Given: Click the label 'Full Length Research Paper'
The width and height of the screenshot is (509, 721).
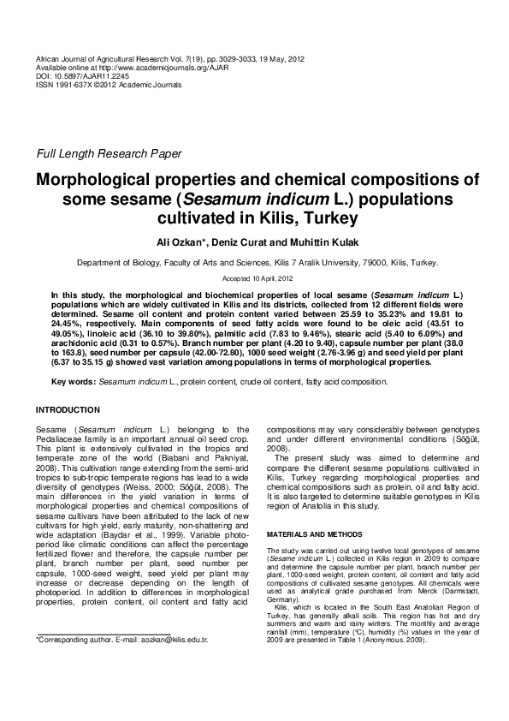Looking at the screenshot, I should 108,154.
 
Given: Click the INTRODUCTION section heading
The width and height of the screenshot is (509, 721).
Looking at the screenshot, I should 68,410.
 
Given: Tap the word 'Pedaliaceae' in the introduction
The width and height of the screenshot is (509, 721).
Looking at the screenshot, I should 64,438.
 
